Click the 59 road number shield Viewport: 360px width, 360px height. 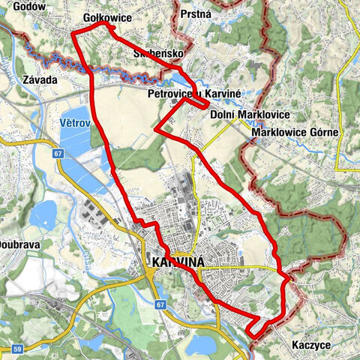tap(16, 349)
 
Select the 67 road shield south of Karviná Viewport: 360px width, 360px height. tap(160, 305)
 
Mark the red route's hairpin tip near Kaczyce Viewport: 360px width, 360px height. tap(250, 328)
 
